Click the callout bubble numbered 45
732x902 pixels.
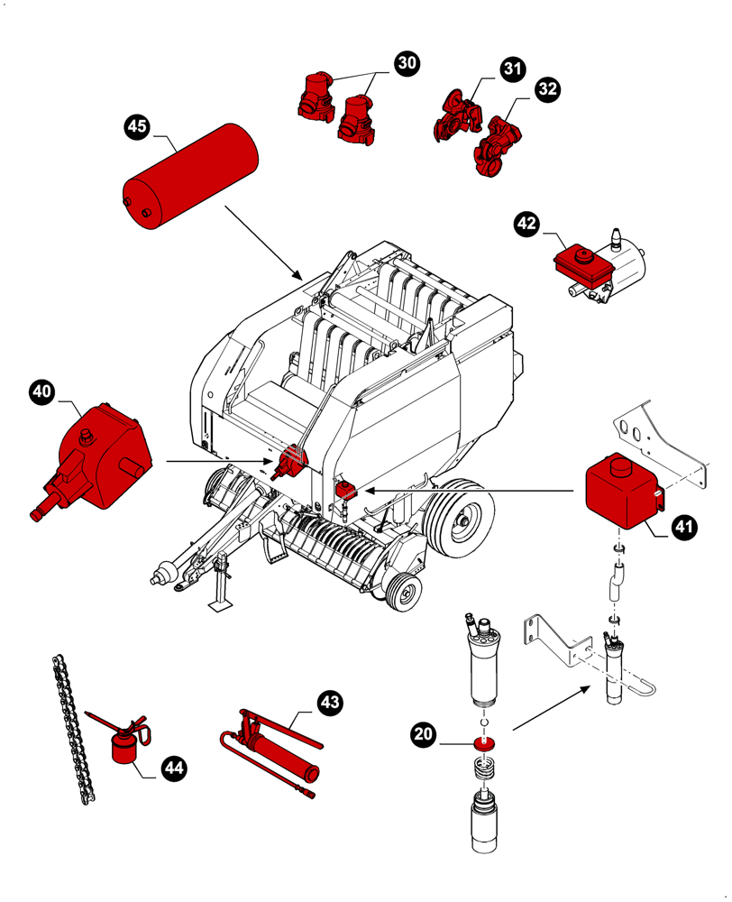tap(136, 127)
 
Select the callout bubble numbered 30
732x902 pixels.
tap(407, 62)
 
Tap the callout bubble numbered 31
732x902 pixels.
tap(512, 69)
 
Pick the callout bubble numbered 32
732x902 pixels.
tap(547, 88)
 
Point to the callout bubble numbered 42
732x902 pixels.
tap(526, 223)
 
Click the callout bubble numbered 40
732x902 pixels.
tap(41, 391)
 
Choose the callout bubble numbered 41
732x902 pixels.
tap(684, 527)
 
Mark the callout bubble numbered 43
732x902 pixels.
tap(330, 701)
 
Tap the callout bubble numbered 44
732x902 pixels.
tap(174, 768)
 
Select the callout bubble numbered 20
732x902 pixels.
tap(423, 735)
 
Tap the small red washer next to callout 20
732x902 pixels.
tap(486, 743)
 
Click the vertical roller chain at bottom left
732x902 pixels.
tap(69, 731)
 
